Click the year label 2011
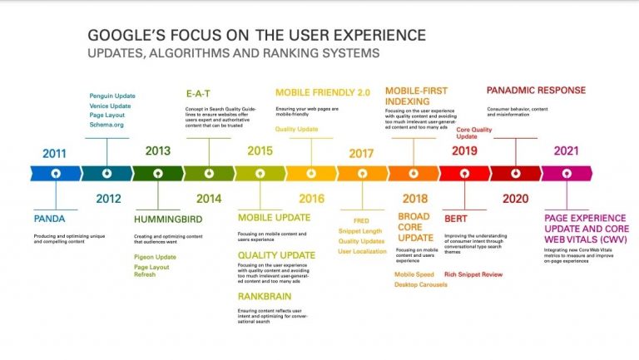(53, 153)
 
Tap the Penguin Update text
(111, 96)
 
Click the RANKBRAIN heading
(264, 296)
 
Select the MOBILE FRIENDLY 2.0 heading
(322, 92)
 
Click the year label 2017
(361, 153)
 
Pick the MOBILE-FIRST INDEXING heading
(415, 97)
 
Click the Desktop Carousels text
(420, 284)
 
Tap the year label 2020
(515, 199)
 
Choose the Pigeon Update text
(155, 257)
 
